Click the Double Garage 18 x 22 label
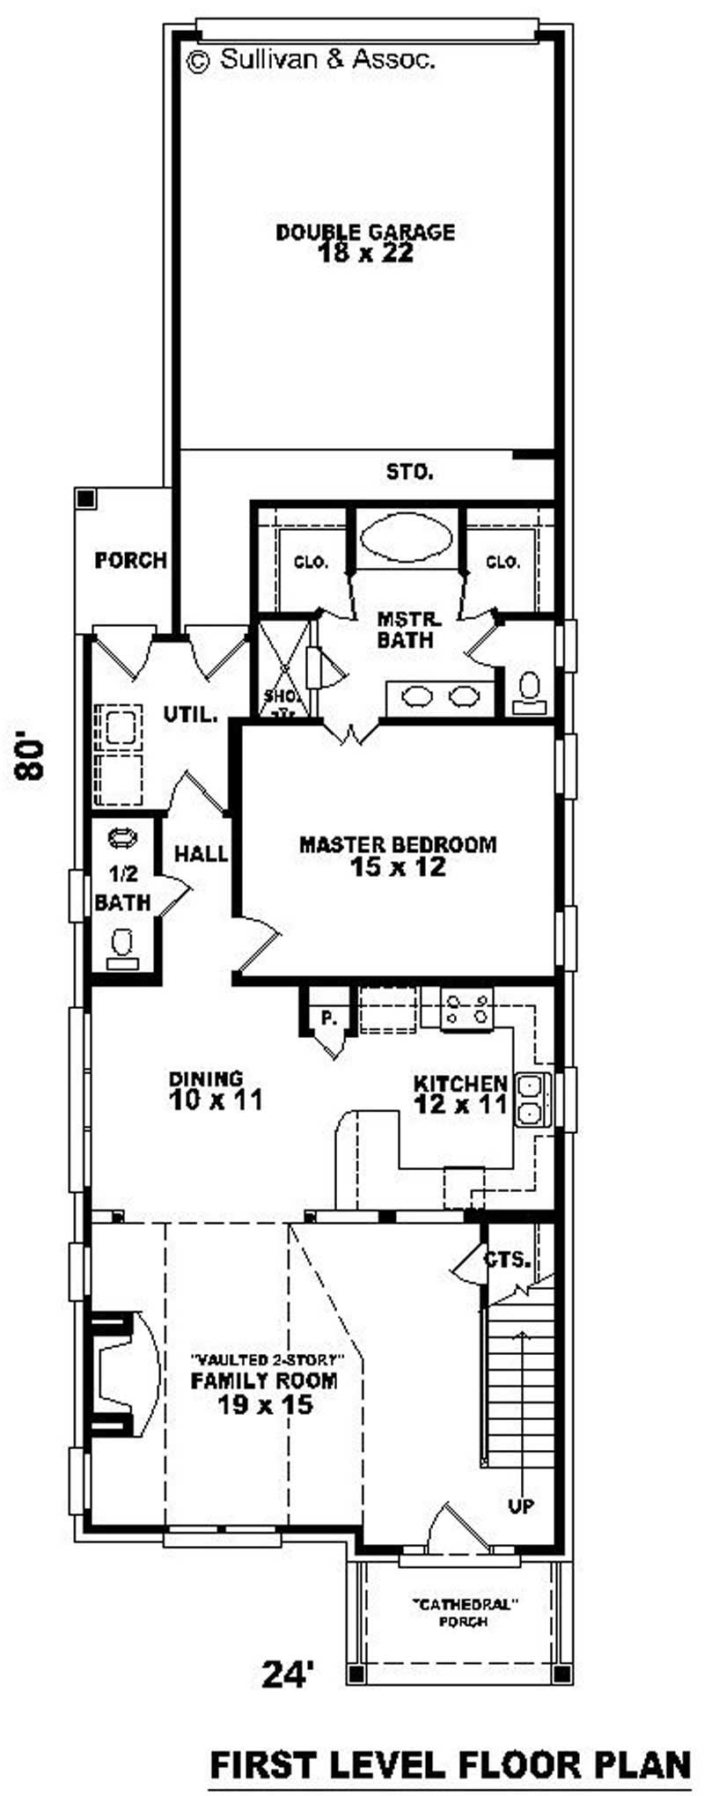click(365, 243)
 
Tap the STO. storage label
click(409, 472)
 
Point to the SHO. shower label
click(279, 696)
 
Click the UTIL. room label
click(190, 715)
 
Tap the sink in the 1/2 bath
click(122, 837)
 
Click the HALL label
click(201, 853)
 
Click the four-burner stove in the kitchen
click(466, 1009)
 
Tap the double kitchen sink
click(531, 1100)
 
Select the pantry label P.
click(329, 1019)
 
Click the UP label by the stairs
click(520, 1505)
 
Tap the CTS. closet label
click(506, 1260)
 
